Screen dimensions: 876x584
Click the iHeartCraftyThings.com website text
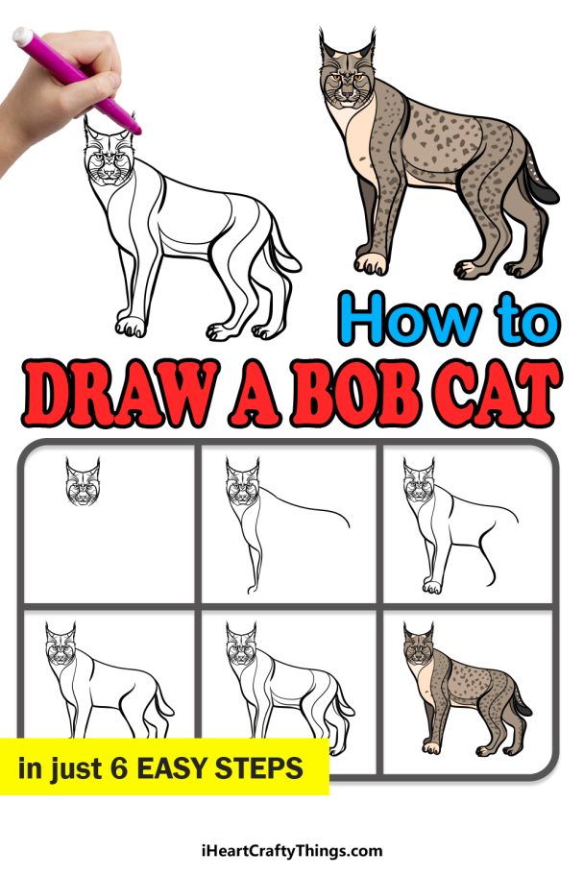tap(292, 850)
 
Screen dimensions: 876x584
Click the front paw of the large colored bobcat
tap(370, 263)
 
